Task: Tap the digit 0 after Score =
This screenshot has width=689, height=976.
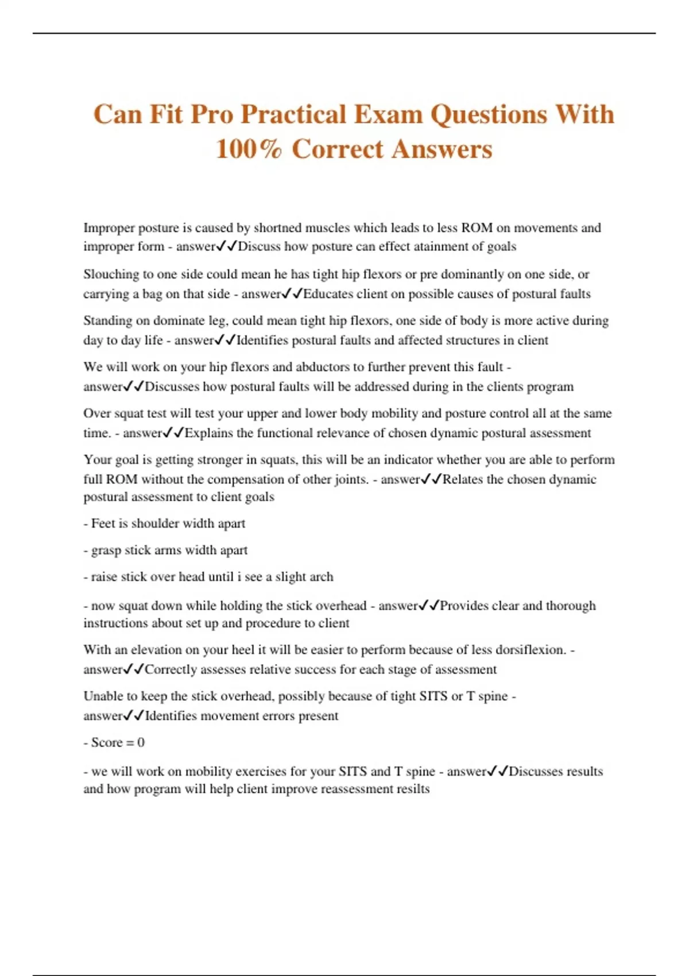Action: tap(141, 742)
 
